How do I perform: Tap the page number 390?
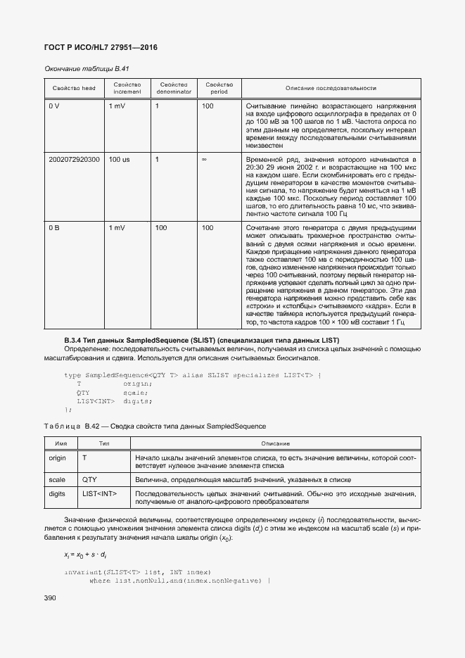[51, 597]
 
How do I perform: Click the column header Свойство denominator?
[172, 88]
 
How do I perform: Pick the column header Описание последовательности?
[331, 88]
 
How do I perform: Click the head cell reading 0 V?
[54, 106]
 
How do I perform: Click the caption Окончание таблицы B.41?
[87, 68]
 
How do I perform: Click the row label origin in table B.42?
[57, 458]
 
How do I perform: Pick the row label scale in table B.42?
[56, 479]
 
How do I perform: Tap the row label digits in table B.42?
[57, 494]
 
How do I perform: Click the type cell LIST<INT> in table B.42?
[99, 494]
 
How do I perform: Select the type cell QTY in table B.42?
[89, 479]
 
